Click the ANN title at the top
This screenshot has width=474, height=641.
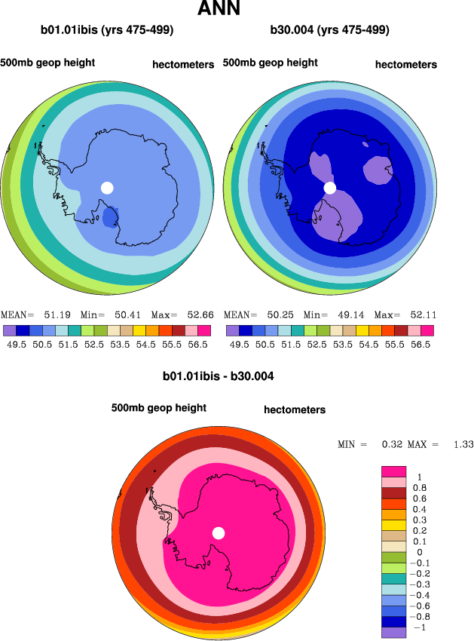[x=219, y=10]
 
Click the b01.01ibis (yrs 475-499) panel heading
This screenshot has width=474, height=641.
[x=107, y=31]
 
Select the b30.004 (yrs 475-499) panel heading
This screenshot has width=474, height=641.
[x=329, y=31]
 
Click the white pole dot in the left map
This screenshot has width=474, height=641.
[x=107, y=188]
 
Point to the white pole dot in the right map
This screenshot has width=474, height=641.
[x=329, y=188]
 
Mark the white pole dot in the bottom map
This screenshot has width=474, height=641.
[x=219, y=533]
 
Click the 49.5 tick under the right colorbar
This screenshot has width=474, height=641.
[x=239, y=344]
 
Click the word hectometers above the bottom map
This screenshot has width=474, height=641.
[x=295, y=410]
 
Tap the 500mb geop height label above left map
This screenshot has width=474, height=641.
[x=47, y=62]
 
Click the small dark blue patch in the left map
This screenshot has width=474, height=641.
[x=110, y=217]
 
